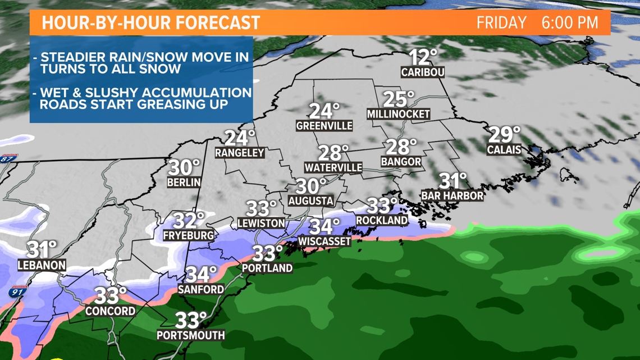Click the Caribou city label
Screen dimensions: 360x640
coord(423,72)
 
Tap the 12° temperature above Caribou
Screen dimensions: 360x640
coord(423,57)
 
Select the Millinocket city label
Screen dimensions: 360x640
coord(398,114)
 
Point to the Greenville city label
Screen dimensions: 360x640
coord(324,126)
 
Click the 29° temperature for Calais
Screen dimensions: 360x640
coord(504,135)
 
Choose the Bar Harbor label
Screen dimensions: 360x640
coord(452,195)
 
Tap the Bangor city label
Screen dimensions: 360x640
coord(400,162)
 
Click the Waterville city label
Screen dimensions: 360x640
coord(333,167)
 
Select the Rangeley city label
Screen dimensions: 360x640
coord(240,152)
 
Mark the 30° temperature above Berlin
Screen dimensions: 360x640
coord(184,167)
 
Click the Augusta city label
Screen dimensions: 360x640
coord(310,200)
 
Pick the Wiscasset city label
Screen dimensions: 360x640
coord(324,241)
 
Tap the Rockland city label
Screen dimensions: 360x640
coord(381,220)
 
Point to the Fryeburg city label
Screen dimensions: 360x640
coord(188,235)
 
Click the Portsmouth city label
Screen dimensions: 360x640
coord(191,335)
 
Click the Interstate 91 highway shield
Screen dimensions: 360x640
coord(19,293)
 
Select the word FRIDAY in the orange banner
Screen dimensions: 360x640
coord(501,23)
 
